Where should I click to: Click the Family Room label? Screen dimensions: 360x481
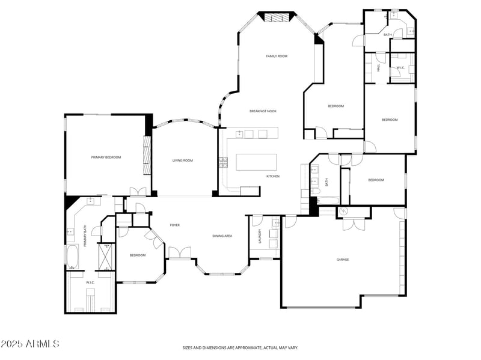[277, 56]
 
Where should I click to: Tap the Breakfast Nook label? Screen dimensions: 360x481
[263, 111]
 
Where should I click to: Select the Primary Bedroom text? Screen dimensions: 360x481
[106, 157]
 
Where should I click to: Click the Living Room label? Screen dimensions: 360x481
[183, 160]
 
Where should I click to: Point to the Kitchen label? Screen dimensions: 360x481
[273, 176]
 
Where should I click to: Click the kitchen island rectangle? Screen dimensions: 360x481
[257, 162]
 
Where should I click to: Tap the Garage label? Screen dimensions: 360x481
[343, 260]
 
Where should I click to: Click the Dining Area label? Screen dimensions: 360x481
[222, 236]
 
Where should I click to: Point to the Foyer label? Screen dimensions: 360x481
[175, 225]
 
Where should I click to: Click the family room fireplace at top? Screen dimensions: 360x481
[277, 17]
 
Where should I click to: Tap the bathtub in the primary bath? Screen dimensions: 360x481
[72, 257]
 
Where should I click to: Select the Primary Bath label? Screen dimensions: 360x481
[85, 236]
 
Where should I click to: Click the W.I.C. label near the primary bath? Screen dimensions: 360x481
[90, 282]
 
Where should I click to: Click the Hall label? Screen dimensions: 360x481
[379, 67]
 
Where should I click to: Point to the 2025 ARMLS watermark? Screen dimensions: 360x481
[30, 344]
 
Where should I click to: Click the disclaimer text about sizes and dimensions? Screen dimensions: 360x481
[240, 347]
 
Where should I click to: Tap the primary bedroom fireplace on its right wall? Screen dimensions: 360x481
[146, 155]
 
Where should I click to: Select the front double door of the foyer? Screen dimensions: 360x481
[180, 252]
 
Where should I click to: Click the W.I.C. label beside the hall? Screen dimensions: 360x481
[400, 68]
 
